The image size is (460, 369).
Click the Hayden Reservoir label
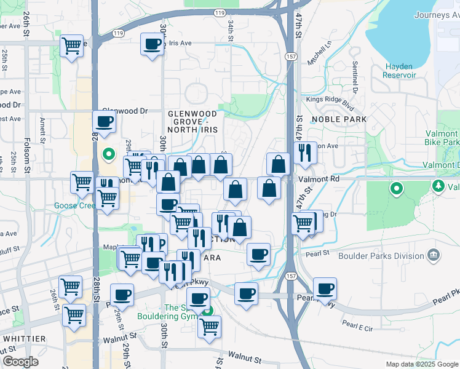(x=400, y=71)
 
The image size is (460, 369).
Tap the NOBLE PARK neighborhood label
(x=339, y=119)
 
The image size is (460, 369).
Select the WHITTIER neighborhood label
(x=24, y=339)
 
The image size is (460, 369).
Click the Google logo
(x=20, y=362)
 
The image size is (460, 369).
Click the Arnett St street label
(x=42, y=130)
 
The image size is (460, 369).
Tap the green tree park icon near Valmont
(x=438, y=185)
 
